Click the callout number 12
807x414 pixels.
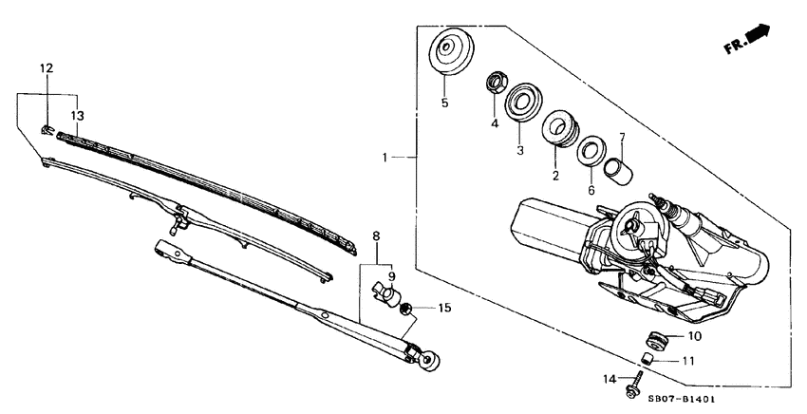point(46,67)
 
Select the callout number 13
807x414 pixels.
point(77,115)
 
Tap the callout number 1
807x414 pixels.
point(385,157)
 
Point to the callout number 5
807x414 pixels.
point(444,103)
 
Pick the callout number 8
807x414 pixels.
point(376,235)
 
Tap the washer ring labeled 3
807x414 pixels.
point(522,103)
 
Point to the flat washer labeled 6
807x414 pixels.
point(591,148)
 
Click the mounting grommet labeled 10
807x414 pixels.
point(654,337)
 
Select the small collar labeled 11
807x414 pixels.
point(646,359)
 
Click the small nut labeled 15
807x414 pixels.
point(407,309)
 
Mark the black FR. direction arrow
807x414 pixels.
point(758,34)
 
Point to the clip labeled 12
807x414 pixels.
point(46,128)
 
